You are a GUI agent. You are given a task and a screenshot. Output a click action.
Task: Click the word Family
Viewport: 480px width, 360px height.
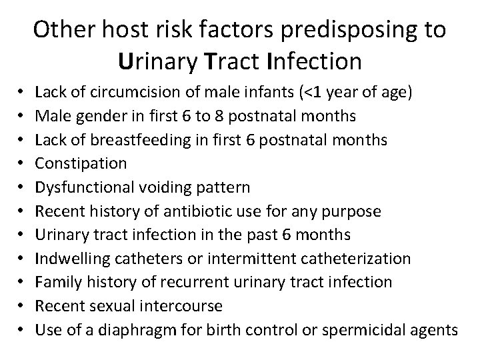pos(56,282)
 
